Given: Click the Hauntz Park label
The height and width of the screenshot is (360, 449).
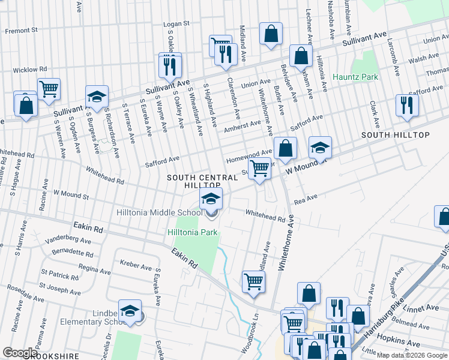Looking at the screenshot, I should coord(356,77).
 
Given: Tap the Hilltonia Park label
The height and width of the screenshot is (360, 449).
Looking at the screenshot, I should coord(191,232).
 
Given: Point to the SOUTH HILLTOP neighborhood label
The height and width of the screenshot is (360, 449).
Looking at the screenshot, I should coord(395,135).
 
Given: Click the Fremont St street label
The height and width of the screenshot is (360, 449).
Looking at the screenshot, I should coord(22,29).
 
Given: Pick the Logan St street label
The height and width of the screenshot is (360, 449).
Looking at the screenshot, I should coord(176,23).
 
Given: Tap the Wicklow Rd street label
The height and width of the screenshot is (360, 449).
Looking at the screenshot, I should coord(29,70).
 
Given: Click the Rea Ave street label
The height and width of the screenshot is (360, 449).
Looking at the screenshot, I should coord(305,197).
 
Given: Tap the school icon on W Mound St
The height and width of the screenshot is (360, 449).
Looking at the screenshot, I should coord(320,148).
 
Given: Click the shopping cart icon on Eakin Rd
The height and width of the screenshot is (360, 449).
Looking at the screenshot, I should coord(254,281).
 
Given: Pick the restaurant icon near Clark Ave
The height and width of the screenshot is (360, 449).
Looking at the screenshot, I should coord(407,106).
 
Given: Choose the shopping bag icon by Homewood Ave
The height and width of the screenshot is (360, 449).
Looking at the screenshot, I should coord(287,149).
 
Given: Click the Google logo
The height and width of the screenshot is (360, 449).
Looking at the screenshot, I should coord(20,353).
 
